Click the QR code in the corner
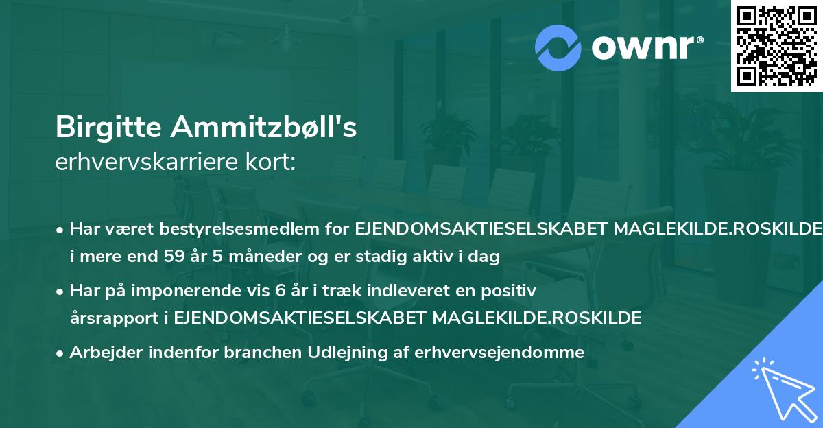click(x=775, y=45)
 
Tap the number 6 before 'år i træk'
click(x=279, y=291)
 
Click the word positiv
click(x=510, y=291)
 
